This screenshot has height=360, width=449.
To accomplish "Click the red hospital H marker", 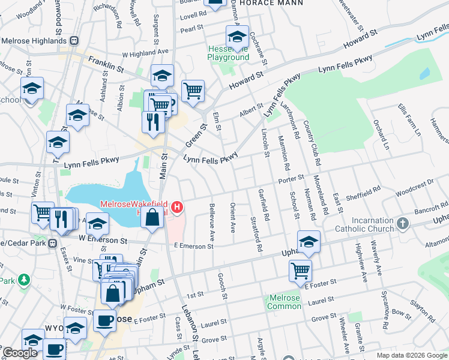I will [177, 208].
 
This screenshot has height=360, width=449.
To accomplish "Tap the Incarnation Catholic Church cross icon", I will [402, 224].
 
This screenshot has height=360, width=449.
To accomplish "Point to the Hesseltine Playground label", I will [228, 53].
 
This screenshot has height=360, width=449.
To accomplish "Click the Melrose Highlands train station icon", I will [74, 41].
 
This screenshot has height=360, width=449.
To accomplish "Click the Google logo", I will [19, 353].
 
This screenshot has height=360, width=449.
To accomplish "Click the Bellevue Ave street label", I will [212, 222].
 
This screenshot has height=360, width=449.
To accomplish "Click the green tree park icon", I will [23, 280].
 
